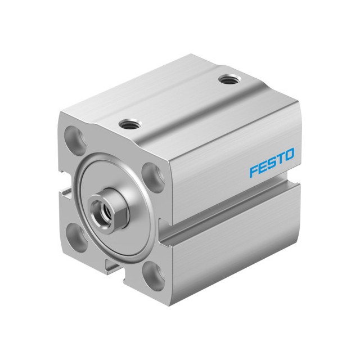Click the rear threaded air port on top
tap(228, 80)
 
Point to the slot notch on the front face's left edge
tap(65, 192)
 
